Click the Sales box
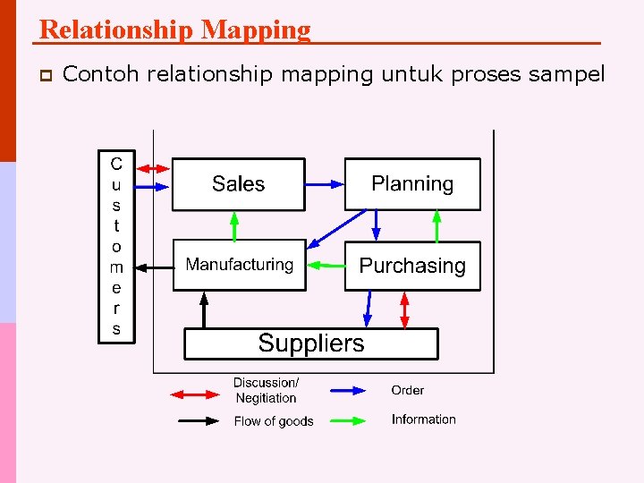238,184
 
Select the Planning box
412,184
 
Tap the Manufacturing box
239,265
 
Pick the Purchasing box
412,266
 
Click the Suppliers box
311,343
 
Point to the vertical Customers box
116,246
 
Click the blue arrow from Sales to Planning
325,184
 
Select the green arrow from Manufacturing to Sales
234,225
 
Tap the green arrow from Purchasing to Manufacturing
326,265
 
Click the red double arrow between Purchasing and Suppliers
405,309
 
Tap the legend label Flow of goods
274,421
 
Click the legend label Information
423,419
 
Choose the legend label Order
407,390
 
